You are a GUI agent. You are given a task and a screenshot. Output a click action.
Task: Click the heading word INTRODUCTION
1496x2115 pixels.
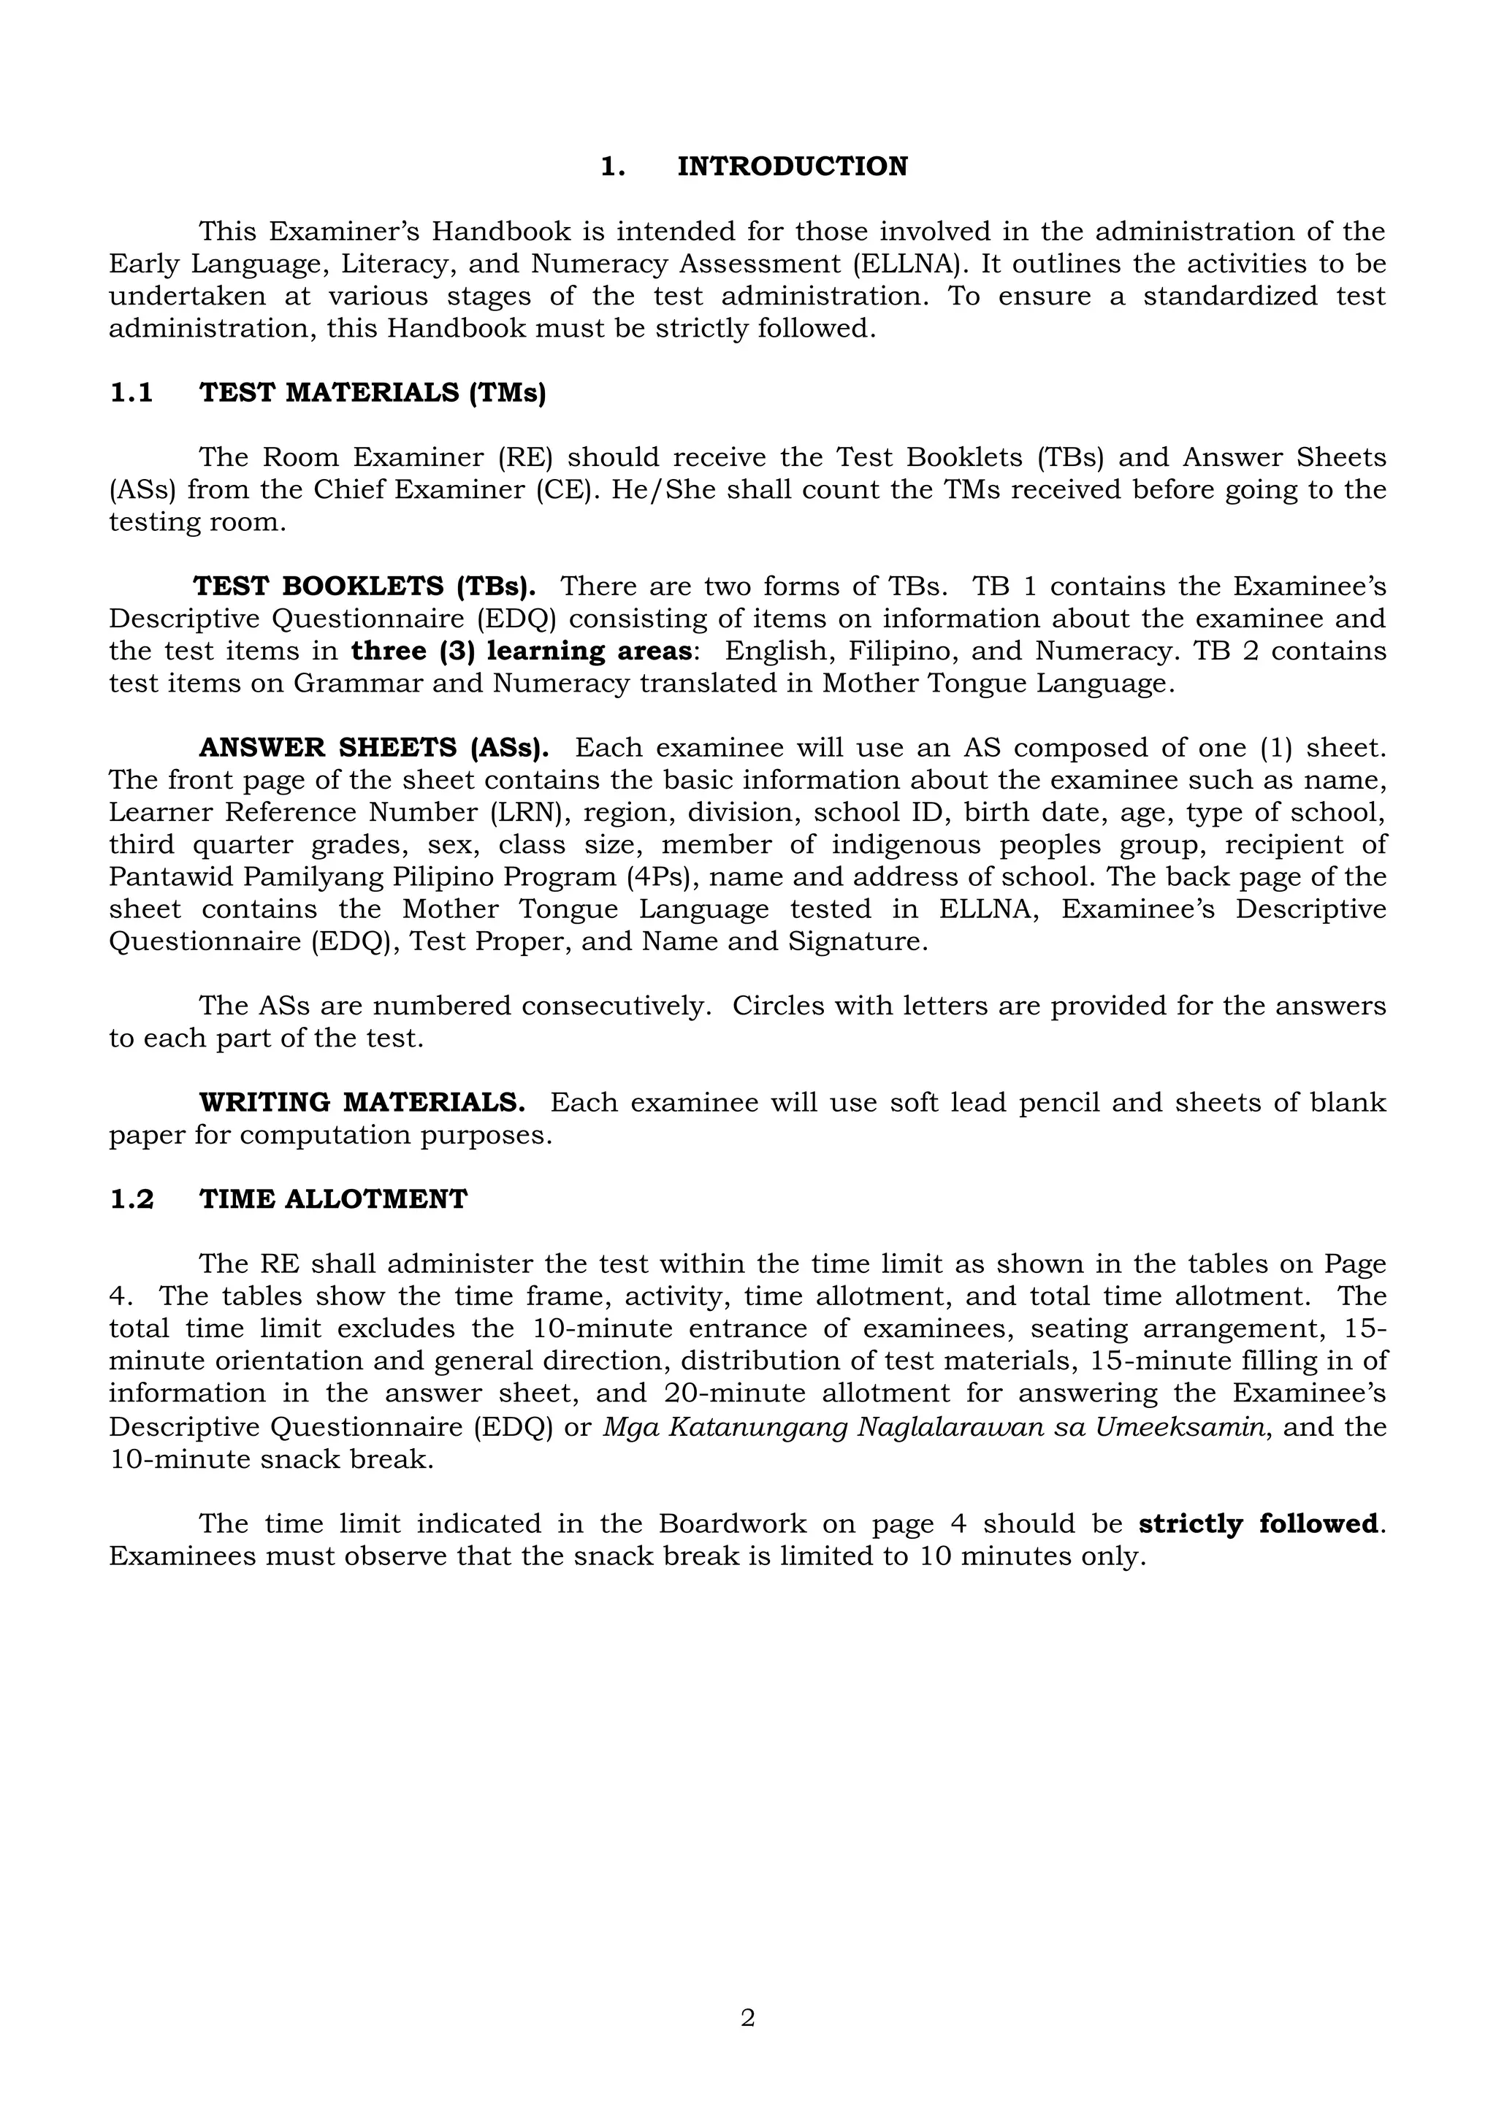[x=793, y=167]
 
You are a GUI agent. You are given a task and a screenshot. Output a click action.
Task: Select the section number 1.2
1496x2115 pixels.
[x=131, y=1199]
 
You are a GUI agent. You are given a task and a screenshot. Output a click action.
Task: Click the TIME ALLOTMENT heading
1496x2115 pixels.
[x=334, y=1199]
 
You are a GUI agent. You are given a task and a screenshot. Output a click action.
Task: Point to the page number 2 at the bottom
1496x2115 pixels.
[x=747, y=2019]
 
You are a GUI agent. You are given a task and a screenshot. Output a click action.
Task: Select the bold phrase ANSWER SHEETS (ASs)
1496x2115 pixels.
[x=374, y=748]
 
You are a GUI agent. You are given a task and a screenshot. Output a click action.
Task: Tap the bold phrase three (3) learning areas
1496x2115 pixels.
[x=522, y=651]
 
